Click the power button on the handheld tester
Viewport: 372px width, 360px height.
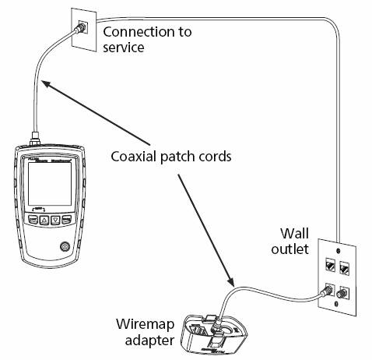click(65, 246)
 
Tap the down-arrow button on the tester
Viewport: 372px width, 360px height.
click(55, 221)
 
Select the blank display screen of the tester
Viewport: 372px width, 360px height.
click(50, 184)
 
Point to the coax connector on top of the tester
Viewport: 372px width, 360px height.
click(35, 139)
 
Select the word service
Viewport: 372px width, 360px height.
click(124, 48)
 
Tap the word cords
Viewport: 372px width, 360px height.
click(214, 157)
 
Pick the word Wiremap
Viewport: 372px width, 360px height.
click(145, 324)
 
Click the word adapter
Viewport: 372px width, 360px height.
click(149, 340)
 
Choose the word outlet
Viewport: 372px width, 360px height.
click(290, 249)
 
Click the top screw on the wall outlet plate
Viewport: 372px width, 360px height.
click(338, 251)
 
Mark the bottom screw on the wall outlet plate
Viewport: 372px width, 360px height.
click(336, 303)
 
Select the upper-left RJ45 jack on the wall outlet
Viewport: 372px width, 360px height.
click(330, 266)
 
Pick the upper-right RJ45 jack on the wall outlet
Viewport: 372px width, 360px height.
click(344, 268)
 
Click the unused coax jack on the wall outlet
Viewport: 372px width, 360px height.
click(341, 294)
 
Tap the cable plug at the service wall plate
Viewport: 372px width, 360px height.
click(79, 27)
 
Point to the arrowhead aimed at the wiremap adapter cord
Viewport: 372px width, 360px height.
click(230, 281)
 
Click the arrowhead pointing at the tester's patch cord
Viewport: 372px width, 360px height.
click(47, 83)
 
